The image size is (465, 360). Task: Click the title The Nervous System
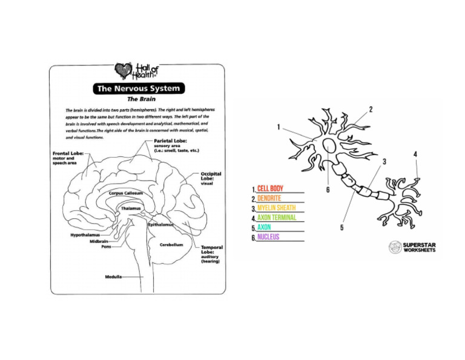click(x=137, y=88)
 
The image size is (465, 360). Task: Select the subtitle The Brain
click(x=137, y=99)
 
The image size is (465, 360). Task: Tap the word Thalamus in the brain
click(x=130, y=208)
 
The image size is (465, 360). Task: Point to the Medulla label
click(x=113, y=276)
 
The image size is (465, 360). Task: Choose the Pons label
click(x=106, y=247)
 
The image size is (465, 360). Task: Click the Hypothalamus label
click(x=84, y=234)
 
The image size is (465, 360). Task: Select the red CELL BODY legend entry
click(x=269, y=188)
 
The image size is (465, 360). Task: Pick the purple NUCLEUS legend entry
click(x=268, y=237)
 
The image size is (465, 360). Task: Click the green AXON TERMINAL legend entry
click(x=277, y=218)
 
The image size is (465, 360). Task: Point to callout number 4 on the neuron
click(x=415, y=155)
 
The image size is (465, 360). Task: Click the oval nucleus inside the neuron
click(x=330, y=146)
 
